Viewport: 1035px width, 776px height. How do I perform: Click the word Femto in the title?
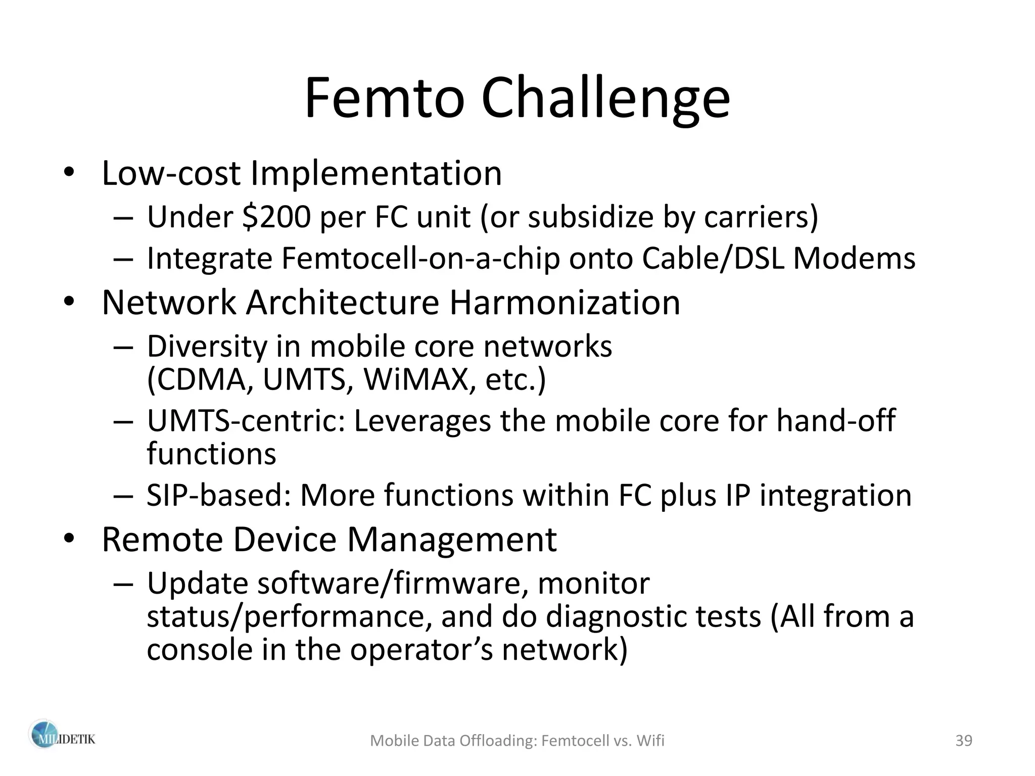pos(384,99)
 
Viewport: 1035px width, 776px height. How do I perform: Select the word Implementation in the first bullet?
pos(376,173)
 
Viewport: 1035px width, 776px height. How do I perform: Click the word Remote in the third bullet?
pos(162,540)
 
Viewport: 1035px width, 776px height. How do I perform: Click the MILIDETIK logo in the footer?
pos(61,740)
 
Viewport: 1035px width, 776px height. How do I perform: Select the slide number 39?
pos(964,741)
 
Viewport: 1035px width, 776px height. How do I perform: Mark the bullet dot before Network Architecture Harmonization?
pos(69,303)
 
